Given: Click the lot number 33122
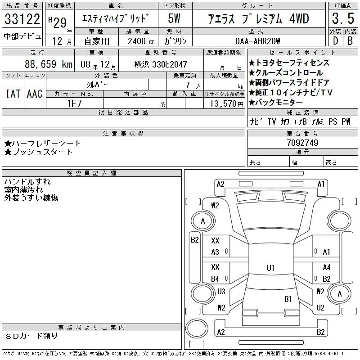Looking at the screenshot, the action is [22, 19].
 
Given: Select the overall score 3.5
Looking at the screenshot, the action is [343, 18].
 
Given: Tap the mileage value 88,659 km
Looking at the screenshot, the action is [49, 64].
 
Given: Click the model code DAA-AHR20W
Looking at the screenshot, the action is [257, 41].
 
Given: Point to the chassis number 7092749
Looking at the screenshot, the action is [302, 143].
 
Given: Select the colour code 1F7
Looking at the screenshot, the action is [74, 103].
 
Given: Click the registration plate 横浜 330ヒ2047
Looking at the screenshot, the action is [161, 64].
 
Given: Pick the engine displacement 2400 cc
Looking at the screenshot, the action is [141, 41].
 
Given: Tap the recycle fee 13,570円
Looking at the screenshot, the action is [227, 104].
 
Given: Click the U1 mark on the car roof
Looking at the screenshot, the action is [270, 268].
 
